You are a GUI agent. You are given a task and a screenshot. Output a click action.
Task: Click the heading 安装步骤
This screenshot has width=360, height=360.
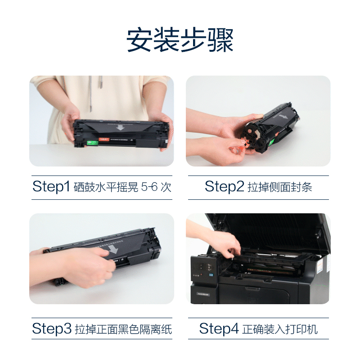180,40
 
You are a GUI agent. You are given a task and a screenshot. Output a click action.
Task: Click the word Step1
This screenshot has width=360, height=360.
51,186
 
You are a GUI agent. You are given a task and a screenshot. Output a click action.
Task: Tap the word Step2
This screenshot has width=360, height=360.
224,186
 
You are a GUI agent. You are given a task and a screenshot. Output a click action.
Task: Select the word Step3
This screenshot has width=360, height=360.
52,328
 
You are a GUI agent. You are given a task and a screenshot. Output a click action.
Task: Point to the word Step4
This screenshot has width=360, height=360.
219,328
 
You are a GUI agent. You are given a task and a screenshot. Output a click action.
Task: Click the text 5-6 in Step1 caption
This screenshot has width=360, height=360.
149,187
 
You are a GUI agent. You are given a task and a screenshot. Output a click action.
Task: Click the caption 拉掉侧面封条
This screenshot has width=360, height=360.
279,187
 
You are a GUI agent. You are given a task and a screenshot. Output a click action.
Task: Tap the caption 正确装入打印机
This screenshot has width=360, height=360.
280,329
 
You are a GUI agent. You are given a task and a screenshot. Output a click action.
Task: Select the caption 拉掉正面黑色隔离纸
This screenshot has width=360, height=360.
123,329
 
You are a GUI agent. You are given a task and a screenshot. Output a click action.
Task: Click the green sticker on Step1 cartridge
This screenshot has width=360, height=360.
92,143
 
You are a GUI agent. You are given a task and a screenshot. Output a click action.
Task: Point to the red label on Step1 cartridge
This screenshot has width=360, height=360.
104,139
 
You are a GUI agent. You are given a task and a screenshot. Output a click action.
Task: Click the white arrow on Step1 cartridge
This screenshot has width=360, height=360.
120,127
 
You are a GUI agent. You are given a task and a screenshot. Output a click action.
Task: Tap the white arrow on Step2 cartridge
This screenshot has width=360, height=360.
283,117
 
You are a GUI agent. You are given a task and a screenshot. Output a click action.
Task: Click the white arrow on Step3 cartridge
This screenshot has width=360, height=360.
113,249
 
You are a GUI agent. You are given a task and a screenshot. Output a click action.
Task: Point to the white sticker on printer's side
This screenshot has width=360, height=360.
319,266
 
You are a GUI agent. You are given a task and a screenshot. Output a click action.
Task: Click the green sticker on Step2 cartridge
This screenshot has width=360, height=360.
271,143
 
